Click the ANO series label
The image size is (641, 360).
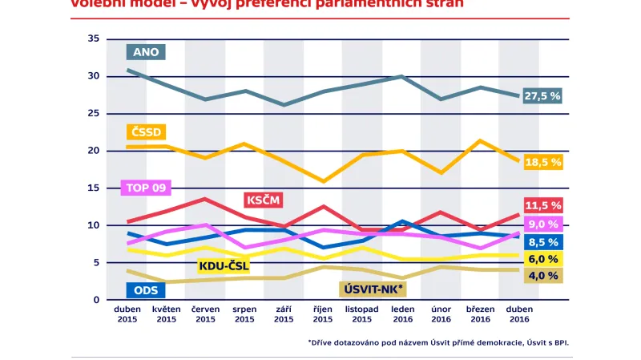coord(146,52)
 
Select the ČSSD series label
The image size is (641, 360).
coord(146,132)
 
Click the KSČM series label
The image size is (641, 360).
coord(263,199)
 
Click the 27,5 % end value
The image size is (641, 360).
coord(542,95)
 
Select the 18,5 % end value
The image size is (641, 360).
coord(542,162)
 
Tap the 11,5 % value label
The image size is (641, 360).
coord(542,205)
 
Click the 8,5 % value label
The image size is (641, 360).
coord(542,241)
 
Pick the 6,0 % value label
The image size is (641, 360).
coord(542,259)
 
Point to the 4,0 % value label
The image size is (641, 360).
coord(542,276)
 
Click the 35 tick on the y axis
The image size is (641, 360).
coord(94,38)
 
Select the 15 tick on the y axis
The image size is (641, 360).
coord(94,188)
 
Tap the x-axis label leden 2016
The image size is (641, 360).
coord(401,314)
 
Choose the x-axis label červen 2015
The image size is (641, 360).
coord(205,314)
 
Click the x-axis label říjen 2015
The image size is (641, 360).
coord(323,314)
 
